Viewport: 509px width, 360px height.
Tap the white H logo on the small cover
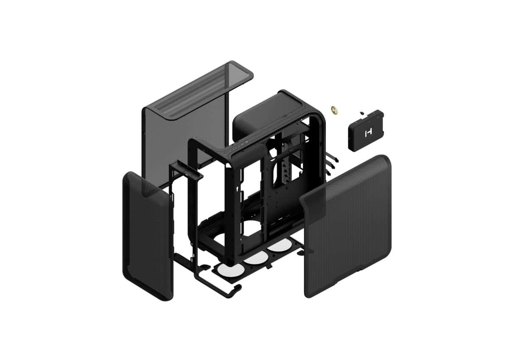(367, 132)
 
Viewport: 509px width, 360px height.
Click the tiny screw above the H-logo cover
(361, 113)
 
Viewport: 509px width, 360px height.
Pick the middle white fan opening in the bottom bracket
(253, 259)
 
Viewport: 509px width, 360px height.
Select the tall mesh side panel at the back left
(187, 127)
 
